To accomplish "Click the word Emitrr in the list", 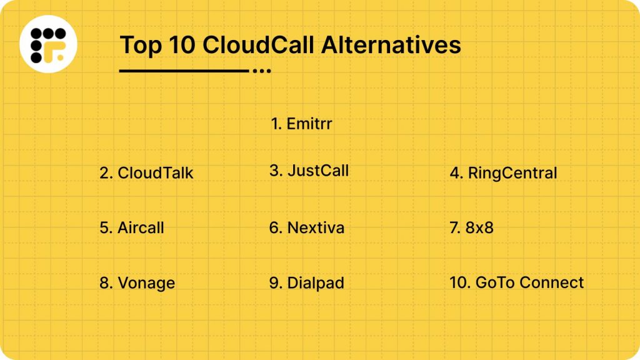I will point(309,124).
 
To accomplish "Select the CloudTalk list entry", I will point(156,173).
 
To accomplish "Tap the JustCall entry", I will point(318,171).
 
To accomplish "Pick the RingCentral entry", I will point(512,173).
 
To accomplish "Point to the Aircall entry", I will point(141,227).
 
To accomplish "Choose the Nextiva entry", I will point(316,227).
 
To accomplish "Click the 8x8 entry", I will point(479,227).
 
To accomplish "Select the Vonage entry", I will point(146,283).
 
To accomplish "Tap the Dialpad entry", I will point(316,283).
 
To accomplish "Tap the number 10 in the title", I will point(181,45).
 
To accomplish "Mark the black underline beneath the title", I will point(184,71).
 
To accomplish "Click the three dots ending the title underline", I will point(262,71).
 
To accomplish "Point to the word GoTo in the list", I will point(495,282).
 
